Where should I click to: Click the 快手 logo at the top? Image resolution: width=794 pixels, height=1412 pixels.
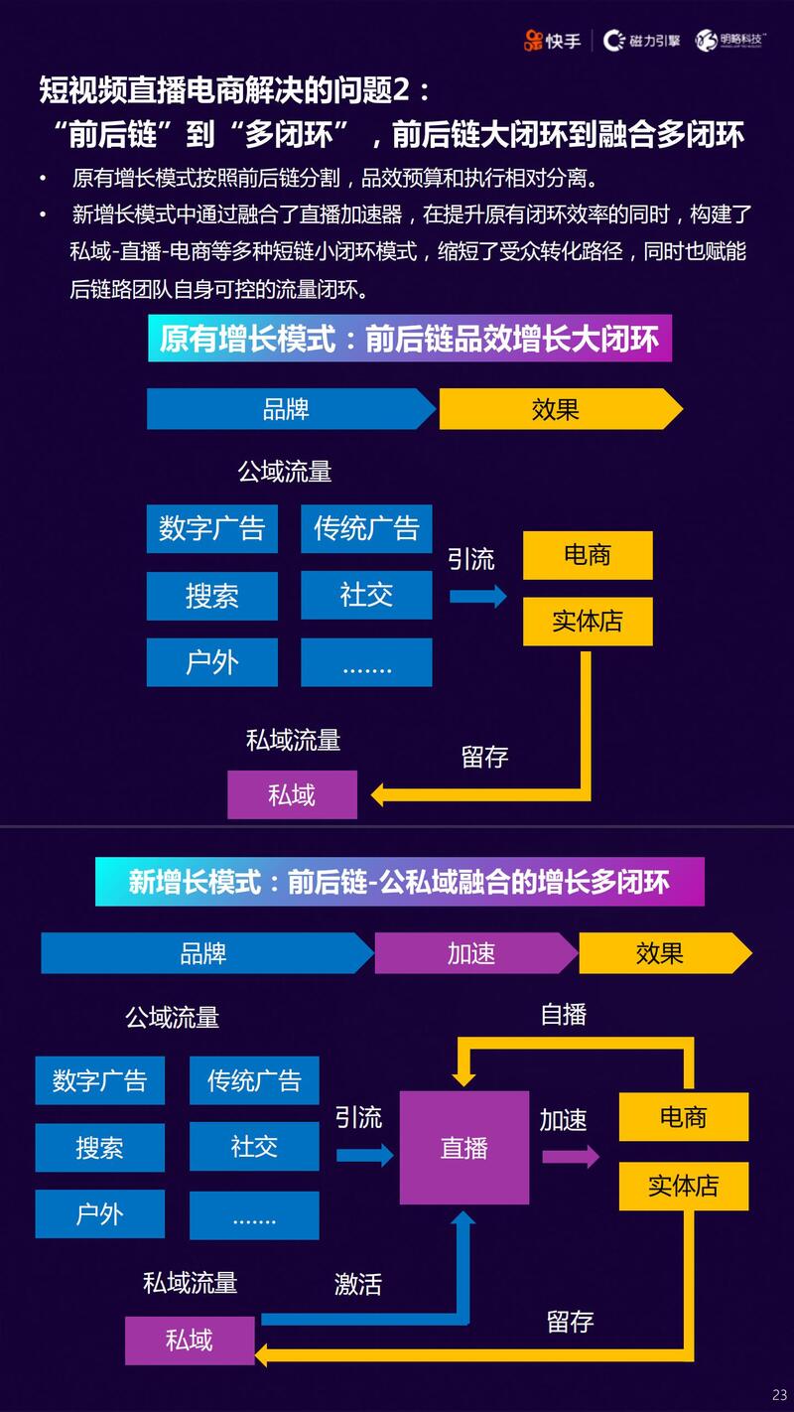click(553, 41)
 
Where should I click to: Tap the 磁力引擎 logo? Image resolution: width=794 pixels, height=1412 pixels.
click(642, 41)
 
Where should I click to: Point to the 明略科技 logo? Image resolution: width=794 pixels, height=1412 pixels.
click(732, 41)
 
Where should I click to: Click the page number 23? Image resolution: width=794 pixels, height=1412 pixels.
click(778, 1394)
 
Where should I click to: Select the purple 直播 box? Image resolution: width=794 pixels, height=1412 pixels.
click(464, 1148)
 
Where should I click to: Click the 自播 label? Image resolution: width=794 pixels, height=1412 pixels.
click(564, 1014)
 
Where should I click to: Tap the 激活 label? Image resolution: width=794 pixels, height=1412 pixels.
click(358, 1284)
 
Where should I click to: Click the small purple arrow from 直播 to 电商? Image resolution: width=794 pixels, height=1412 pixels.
click(571, 1156)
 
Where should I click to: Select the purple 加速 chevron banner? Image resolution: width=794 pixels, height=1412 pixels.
click(473, 953)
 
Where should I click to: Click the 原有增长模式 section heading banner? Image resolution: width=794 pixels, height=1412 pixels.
click(410, 340)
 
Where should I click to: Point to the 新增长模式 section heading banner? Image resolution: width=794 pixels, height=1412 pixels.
click(399, 882)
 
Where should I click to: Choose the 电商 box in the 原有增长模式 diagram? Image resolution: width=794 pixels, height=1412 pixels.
click(588, 555)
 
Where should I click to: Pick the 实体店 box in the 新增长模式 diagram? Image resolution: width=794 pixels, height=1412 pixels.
click(683, 1186)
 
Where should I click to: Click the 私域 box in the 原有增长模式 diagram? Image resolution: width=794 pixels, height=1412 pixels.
click(292, 794)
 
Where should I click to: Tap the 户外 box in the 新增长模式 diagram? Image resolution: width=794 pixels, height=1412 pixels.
click(100, 1214)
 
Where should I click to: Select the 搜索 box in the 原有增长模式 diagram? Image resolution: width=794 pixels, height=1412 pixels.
click(212, 596)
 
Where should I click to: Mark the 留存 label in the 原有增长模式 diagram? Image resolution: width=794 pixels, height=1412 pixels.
click(485, 757)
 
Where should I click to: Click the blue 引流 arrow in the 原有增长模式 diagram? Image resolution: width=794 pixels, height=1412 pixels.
click(477, 596)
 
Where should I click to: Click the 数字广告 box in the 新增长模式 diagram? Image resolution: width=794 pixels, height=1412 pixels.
click(100, 1080)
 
